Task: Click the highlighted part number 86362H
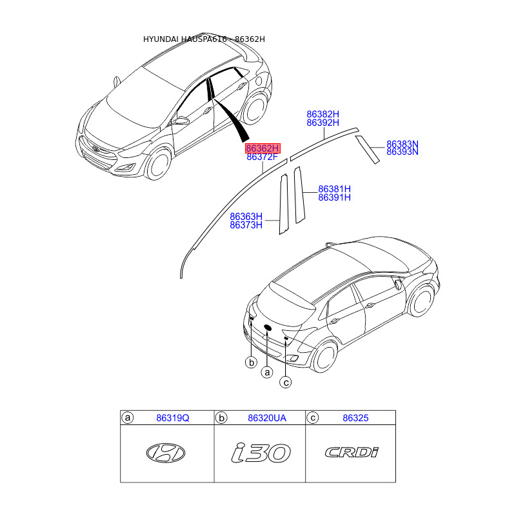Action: click(262, 148)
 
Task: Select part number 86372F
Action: click(262, 157)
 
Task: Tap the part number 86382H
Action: click(322, 114)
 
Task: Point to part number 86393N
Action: click(402, 152)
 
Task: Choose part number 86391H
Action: click(334, 197)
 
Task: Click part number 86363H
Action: click(246, 217)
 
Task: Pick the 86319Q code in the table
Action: click(173, 419)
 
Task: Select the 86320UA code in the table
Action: click(266, 419)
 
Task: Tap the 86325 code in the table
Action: click(355, 419)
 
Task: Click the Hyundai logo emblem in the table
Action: click(165, 453)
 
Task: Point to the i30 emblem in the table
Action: click(261, 453)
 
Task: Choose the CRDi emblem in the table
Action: click(352, 452)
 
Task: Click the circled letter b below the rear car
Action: click(251, 363)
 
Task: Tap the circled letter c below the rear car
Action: click(286, 382)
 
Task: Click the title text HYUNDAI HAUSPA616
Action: click(183, 39)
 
